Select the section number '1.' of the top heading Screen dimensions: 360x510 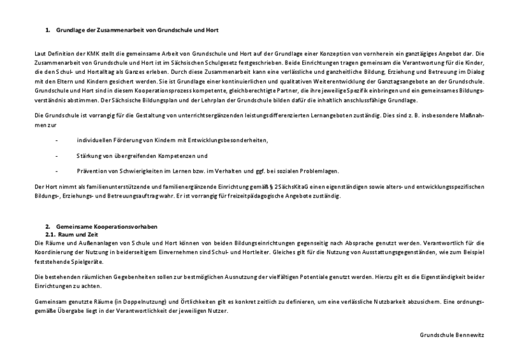point(48,29)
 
